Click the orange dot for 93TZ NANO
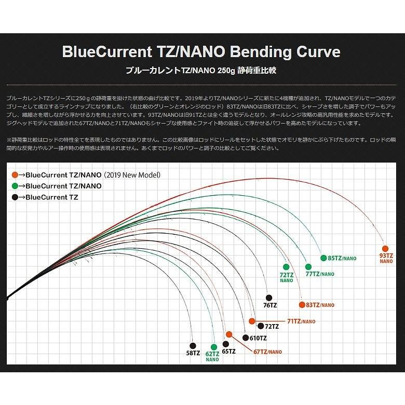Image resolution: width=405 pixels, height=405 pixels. [385, 248]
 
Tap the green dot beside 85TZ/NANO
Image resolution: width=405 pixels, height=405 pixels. [323, 258]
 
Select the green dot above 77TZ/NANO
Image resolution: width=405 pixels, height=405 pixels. [308, 267]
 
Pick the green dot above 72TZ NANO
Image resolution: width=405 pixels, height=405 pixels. [286, 267]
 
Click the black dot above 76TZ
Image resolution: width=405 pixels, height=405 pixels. [268, 297]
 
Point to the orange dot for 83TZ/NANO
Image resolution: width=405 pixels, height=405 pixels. [302, 305]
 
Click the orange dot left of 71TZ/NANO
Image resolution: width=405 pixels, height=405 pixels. [252, 321]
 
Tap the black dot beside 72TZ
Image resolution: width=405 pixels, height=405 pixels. [260, 326]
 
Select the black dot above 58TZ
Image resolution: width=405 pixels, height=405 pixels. [193, 345]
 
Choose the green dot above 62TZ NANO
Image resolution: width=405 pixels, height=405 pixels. [213, 345]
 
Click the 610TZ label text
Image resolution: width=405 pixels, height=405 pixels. [258, 337]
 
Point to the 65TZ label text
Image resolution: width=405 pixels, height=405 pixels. [228, 352]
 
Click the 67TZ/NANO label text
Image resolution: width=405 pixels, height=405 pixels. [267, 352]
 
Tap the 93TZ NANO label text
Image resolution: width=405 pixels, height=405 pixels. [386, 258]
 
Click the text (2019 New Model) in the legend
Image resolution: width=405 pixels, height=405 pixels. [132, 175]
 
